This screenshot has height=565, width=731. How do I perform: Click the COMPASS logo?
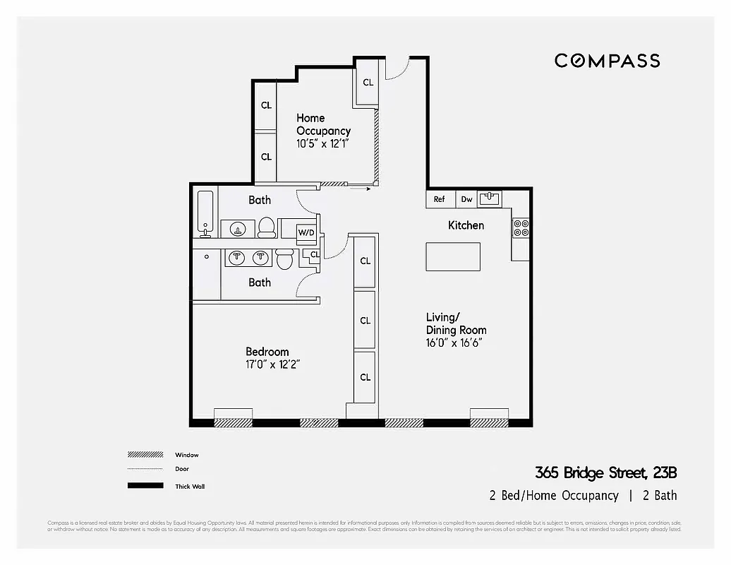tap(607, 61)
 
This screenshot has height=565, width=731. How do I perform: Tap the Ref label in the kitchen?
tap(439, 199)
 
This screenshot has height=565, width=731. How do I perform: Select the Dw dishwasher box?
tap(466, 199)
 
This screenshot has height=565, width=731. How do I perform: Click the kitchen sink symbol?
tap(490, 199)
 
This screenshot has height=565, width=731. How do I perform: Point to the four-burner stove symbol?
tap(521, 227)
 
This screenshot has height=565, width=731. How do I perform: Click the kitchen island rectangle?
tap(453, 256)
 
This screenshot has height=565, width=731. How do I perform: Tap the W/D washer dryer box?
tap(306, 232)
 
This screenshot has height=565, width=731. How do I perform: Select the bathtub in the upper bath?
tap(205, 212)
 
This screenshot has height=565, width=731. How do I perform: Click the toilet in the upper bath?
tap(266, 227)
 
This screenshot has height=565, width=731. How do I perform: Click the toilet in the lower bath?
tap(284, 258)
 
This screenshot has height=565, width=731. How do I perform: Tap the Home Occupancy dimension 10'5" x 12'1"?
tap(322, 143)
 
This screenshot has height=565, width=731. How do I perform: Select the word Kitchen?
tap(466, 225)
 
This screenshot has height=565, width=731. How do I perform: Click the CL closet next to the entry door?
tap(368, 82)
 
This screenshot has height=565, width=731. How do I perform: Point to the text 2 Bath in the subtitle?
tap(660, 495)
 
